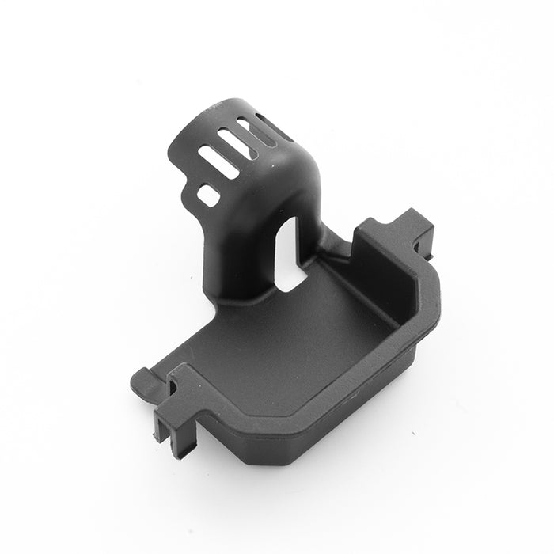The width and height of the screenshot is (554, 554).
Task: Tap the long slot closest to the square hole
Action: tap(218, 157)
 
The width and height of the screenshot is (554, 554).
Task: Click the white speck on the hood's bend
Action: tap(277, 158)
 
